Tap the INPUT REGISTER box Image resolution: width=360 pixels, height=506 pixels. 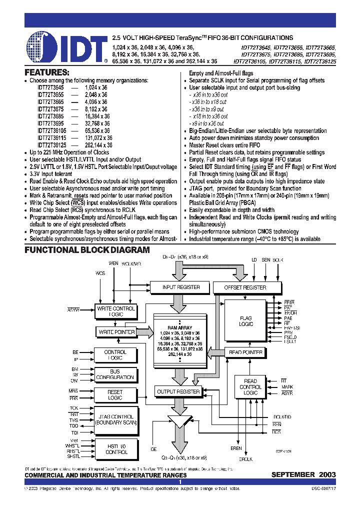click(181, 287)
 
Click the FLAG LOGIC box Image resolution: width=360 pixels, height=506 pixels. click(246, 321)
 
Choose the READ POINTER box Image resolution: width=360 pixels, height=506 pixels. click(246, 352)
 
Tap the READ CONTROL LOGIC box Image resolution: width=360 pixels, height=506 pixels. click(250, 387)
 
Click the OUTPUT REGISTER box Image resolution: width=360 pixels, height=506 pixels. click(178, 391)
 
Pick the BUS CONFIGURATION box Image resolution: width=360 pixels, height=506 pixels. click(115, 374)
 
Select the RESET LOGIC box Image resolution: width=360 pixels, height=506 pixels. click(115, 395)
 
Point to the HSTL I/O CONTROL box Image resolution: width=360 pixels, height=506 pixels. click(116, 449)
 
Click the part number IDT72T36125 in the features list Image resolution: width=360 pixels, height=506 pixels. click(51, 145)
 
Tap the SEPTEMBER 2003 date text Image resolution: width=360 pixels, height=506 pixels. click(303, 474)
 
